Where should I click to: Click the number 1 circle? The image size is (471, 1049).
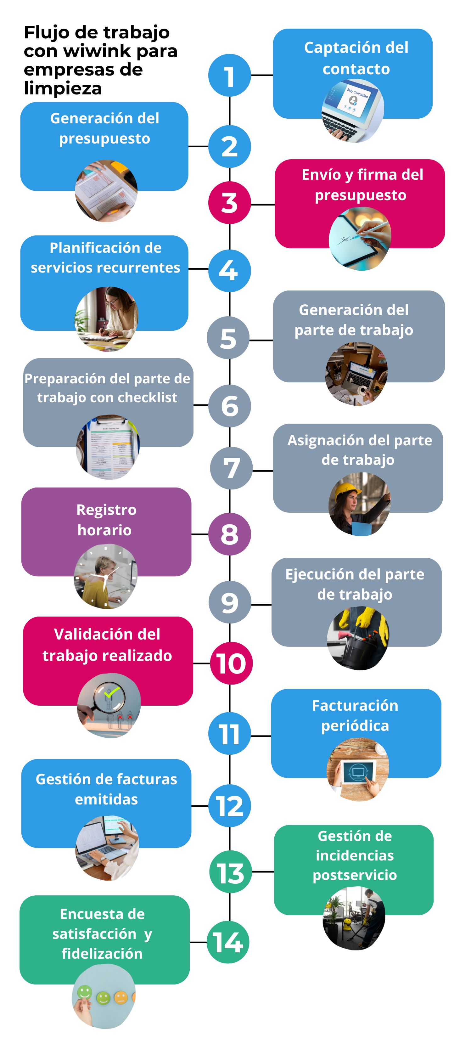229,75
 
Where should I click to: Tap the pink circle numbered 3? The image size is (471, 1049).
229,202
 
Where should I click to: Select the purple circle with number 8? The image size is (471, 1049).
229,534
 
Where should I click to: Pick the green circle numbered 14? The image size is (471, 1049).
228,942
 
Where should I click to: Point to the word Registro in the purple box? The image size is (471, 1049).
106,510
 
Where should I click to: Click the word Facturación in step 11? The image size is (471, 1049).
355,705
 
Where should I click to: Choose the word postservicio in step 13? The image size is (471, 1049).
355,875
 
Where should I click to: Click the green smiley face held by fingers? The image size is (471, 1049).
85,992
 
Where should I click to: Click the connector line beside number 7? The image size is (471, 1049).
263,470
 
